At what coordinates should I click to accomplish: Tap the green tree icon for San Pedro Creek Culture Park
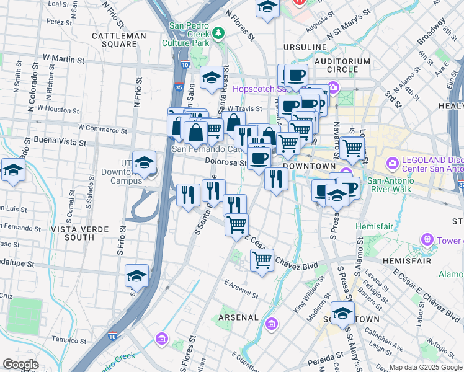click(x=218, y=32)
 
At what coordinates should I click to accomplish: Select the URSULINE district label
click(x=305, y=47)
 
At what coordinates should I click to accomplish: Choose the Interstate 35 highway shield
click(x=179, y=87)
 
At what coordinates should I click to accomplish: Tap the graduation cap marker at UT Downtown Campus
click(x=144, y=162)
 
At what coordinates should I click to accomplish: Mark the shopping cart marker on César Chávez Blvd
click(x=262, y=259)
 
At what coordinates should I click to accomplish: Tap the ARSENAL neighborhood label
click(x=238, y=317)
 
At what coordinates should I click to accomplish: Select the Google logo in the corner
click(x=20, y=365)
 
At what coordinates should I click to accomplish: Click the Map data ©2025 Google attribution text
click(x=426, y=367)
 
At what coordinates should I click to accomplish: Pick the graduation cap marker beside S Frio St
click(x=137, y=277)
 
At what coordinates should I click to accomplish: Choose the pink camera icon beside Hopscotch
click(x=334, y=88)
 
